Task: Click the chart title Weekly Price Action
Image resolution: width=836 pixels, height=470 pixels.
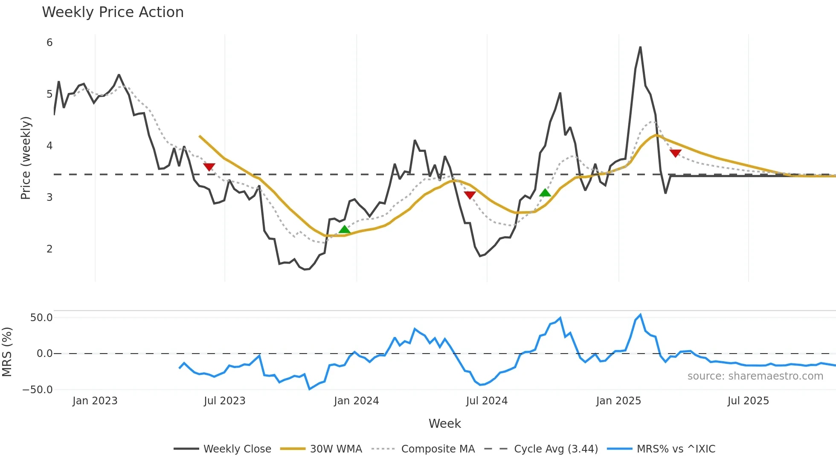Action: pyautogui.click(x=113, y=12)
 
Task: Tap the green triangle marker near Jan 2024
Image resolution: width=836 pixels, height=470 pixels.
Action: pyautogui.click(x=344, y=230)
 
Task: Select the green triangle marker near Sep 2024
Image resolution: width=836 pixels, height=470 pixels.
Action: pyautogui.click(x=545, y=193)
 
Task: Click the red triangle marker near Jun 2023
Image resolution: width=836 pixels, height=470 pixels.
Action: pyautogui.click(x=209, y=167)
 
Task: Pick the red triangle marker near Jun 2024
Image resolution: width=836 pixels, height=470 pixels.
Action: pyautogui.click(x=470, y=195)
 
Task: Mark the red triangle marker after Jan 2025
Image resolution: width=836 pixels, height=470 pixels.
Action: pyautogui.click(x=675, y=153)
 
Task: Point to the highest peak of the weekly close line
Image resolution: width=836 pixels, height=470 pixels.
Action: pyautogui.click(x=640, y=47)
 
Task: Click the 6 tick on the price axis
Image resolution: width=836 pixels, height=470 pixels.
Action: pyautogui.click(x=49, y=43)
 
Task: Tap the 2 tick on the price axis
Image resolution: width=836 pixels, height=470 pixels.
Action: pyautogui.click(x=49, y=249)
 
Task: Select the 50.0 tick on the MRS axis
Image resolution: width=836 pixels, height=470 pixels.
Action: pyautogui.click(x=41, y=318)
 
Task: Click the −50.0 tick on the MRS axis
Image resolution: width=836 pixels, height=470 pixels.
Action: pyautogui.click(x=38, y=390)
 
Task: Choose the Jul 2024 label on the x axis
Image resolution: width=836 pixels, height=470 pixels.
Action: pyautogui.click(x=487, y=401)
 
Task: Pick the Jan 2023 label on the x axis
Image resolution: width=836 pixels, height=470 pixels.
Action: pyautogui.click(x=95, y=401)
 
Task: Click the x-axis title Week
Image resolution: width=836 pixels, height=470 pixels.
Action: pyautogui.click(x=444, y=424)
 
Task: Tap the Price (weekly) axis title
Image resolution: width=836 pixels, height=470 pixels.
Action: pyautogui.click(x=26, y=158)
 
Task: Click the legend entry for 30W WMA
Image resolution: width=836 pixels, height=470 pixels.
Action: pyautogui.click(x=336, y=449)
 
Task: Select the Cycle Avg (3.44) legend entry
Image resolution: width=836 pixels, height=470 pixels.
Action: pyautogui.click(x=556, y=449)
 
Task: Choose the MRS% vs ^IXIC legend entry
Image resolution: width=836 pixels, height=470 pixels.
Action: pyautogui.click(x=676, y=449)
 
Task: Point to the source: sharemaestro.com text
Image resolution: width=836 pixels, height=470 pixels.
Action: pyautogui.click(x=755, y=376)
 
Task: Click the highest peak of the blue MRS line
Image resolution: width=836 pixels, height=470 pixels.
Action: pyautogui.click(x=640, y=315)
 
